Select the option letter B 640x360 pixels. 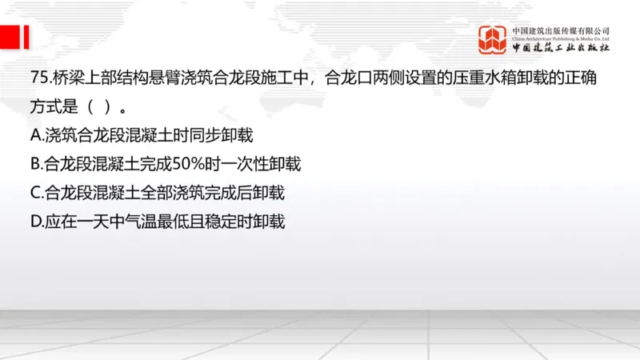(x=35, y=164)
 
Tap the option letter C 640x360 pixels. (x=35, y=192)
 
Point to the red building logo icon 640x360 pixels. (x=493, y=38)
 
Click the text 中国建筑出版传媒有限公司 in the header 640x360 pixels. (x=561, y=30)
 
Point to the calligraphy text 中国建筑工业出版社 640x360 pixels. (x=561, y=48)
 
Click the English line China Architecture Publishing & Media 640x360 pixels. (x=561, y=38)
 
